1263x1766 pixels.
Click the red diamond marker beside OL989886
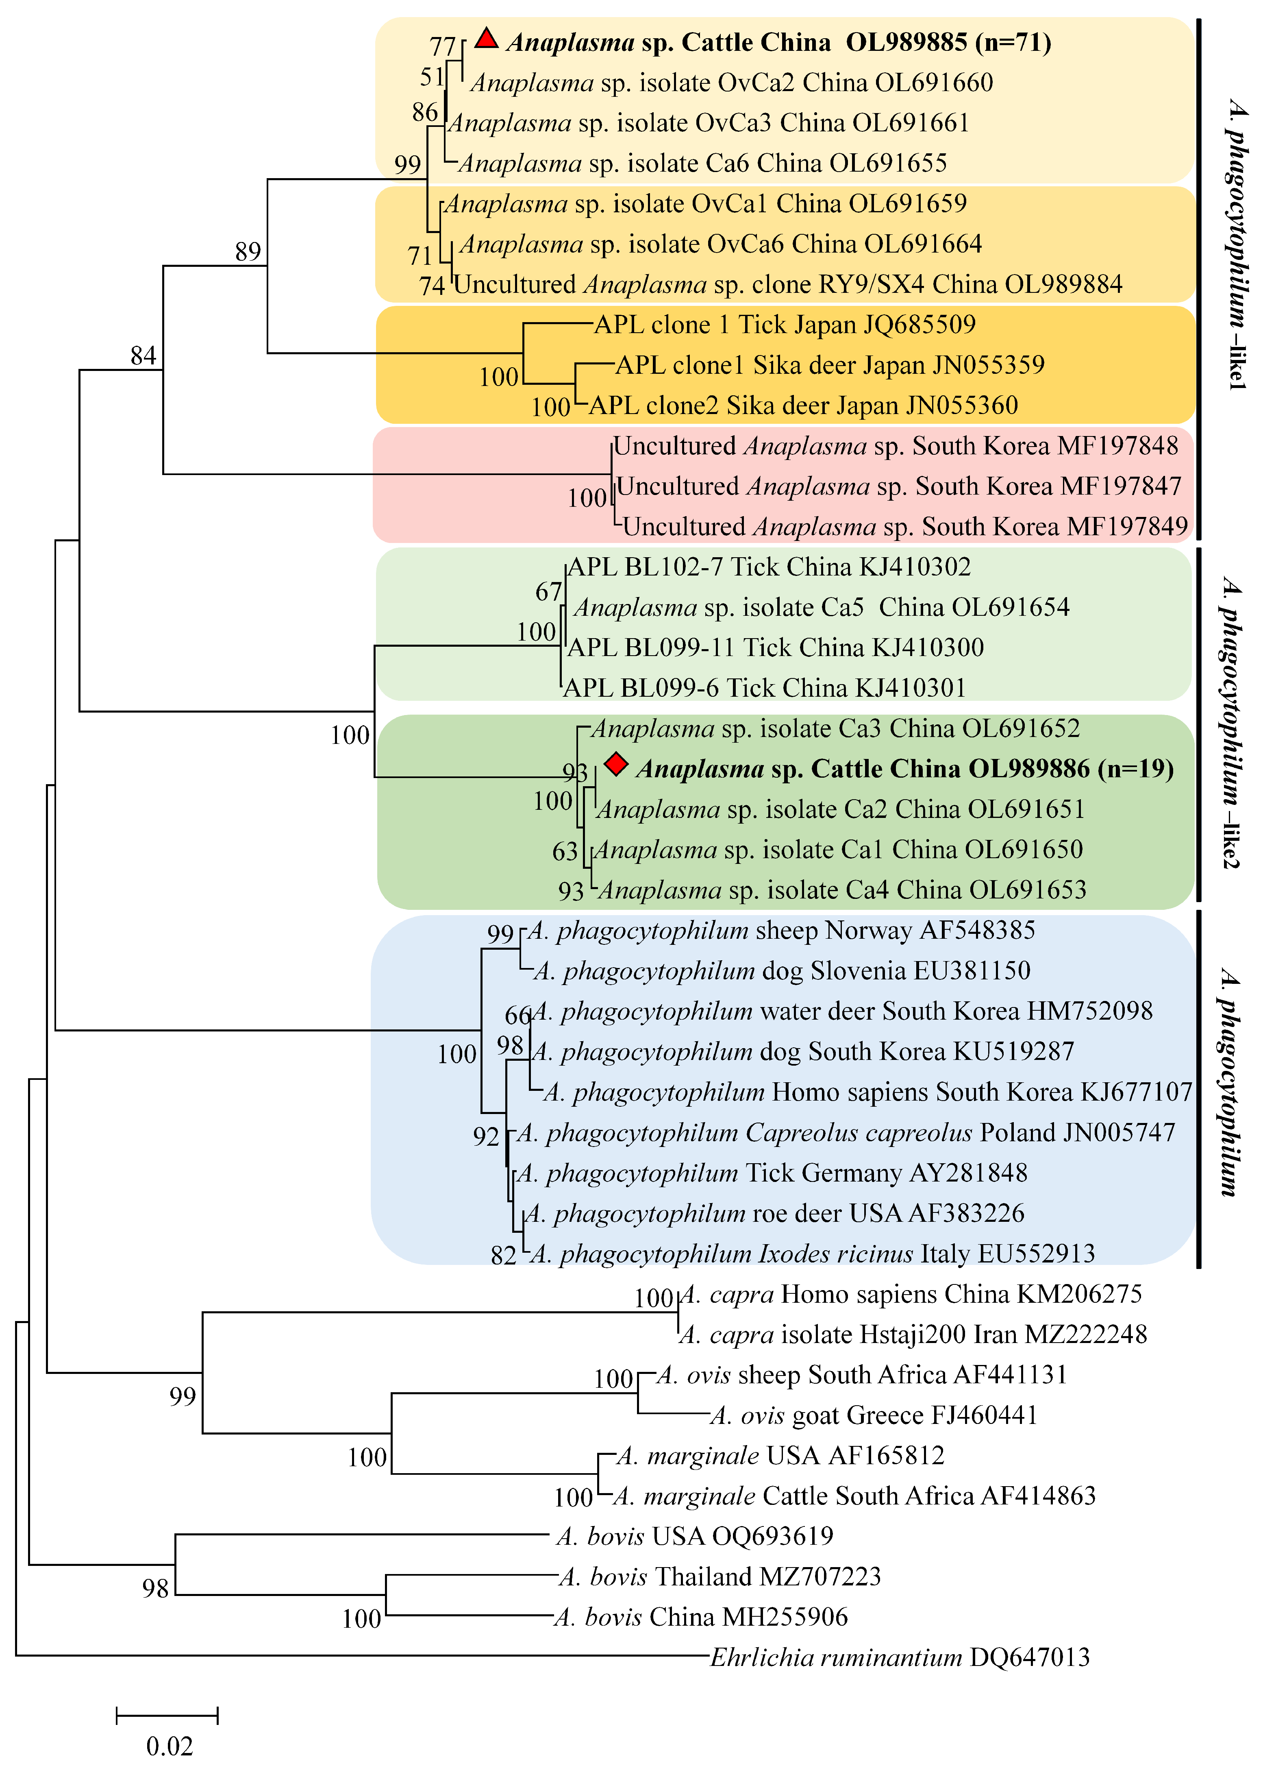616,765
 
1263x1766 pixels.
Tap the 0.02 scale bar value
170,1746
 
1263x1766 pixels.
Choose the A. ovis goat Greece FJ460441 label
874,1415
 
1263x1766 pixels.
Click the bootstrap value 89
248,251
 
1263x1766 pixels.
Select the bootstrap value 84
143,355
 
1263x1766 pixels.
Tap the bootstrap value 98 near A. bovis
156,1588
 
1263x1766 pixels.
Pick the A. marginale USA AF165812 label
780,1456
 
